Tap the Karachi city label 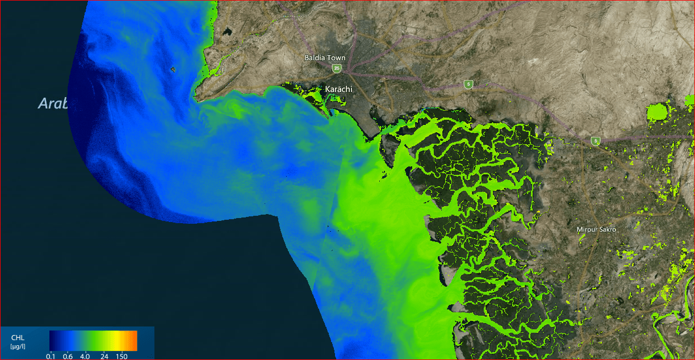pos(339,89)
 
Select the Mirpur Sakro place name pos(596,229)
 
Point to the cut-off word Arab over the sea pos(53,103)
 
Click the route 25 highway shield pos(337,68)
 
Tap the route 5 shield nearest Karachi pos(468,84)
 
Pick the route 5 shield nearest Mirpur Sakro pos(595,141)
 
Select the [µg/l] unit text pos(18,346)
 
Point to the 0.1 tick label pos(51,356)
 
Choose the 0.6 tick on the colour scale pos(68,356)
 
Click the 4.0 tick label pos(85,356)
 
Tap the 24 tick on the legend pos(104,356)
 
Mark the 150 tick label pos(122,356)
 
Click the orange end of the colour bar pos(134,340)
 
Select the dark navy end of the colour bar pos(52,340)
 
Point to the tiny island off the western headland pos(173,69)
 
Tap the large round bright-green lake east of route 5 pos(659,112)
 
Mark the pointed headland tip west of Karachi pos(196,96)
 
